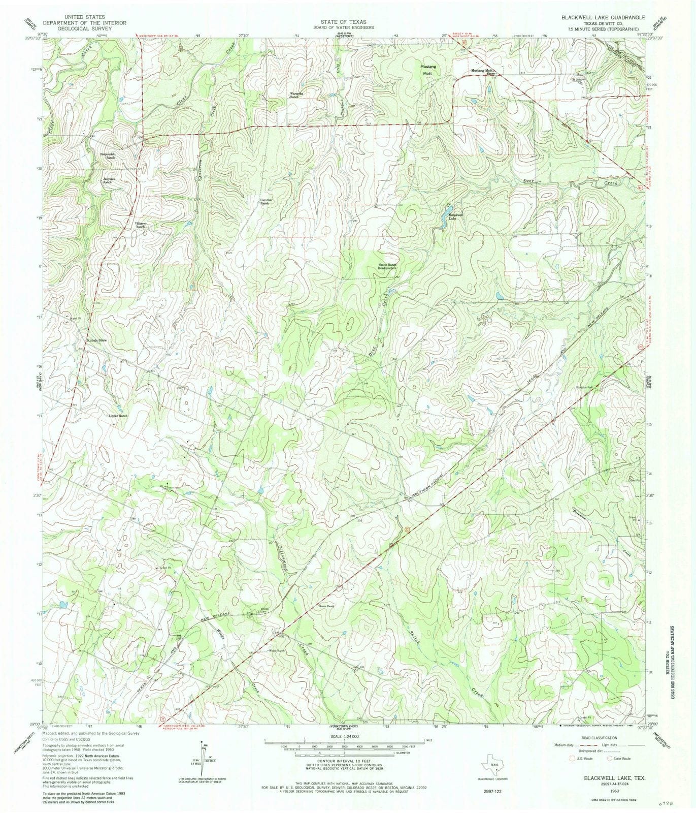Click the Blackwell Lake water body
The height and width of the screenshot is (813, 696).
coord(448,210)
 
